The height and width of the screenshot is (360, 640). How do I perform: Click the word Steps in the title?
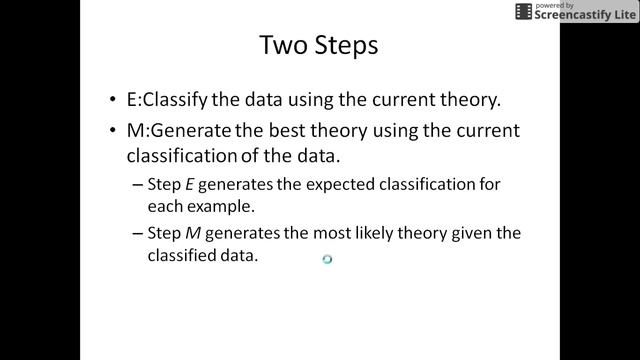pos(345,46)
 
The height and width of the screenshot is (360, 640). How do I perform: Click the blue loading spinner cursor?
pos(327,259)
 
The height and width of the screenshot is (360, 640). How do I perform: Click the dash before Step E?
pos(138,184)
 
